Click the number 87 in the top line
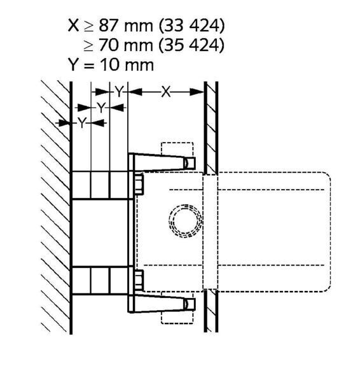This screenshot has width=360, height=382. click(109, 25)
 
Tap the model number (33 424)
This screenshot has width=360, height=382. click(191, 25)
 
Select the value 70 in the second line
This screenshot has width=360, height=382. click(109, 45)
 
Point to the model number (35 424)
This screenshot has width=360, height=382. click(191, 45)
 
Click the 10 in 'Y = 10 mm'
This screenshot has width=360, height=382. click(110, 65)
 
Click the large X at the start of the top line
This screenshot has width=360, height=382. click(74, 25)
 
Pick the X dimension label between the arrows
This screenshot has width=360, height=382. click(166, 92)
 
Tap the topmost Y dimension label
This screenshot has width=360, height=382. click(119, 92)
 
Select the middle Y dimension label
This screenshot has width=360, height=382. click(100, 108)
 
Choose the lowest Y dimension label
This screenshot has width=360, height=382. click(82, 123)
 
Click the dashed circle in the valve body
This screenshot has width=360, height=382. click(186, 221)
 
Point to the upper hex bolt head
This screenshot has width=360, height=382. click(139, 184)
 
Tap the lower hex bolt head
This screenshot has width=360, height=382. click(139, 280)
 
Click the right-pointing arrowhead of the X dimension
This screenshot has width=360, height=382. click(197, 92)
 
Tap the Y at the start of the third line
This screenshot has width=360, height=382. click(73, 64)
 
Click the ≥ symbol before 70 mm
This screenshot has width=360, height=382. click(88, 46)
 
